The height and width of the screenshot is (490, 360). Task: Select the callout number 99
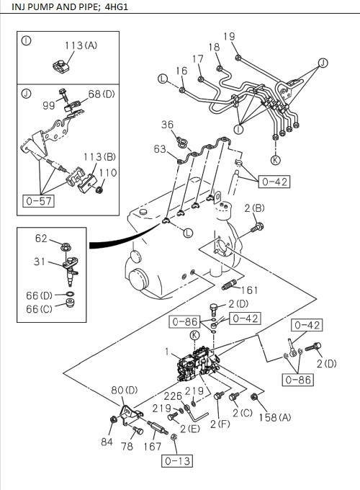[49, 105]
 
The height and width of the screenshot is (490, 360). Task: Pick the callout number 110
[107, 173]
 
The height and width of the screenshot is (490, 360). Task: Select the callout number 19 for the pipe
[229, 37]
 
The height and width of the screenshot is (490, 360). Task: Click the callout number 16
[181, 71]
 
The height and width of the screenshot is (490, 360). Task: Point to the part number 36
[167, 125]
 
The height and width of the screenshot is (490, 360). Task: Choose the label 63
[160, 149]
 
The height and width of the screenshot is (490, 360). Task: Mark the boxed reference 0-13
[177, 458]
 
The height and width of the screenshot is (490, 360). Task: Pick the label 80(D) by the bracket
[125, 391]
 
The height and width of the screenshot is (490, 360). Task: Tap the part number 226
[173, 395]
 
